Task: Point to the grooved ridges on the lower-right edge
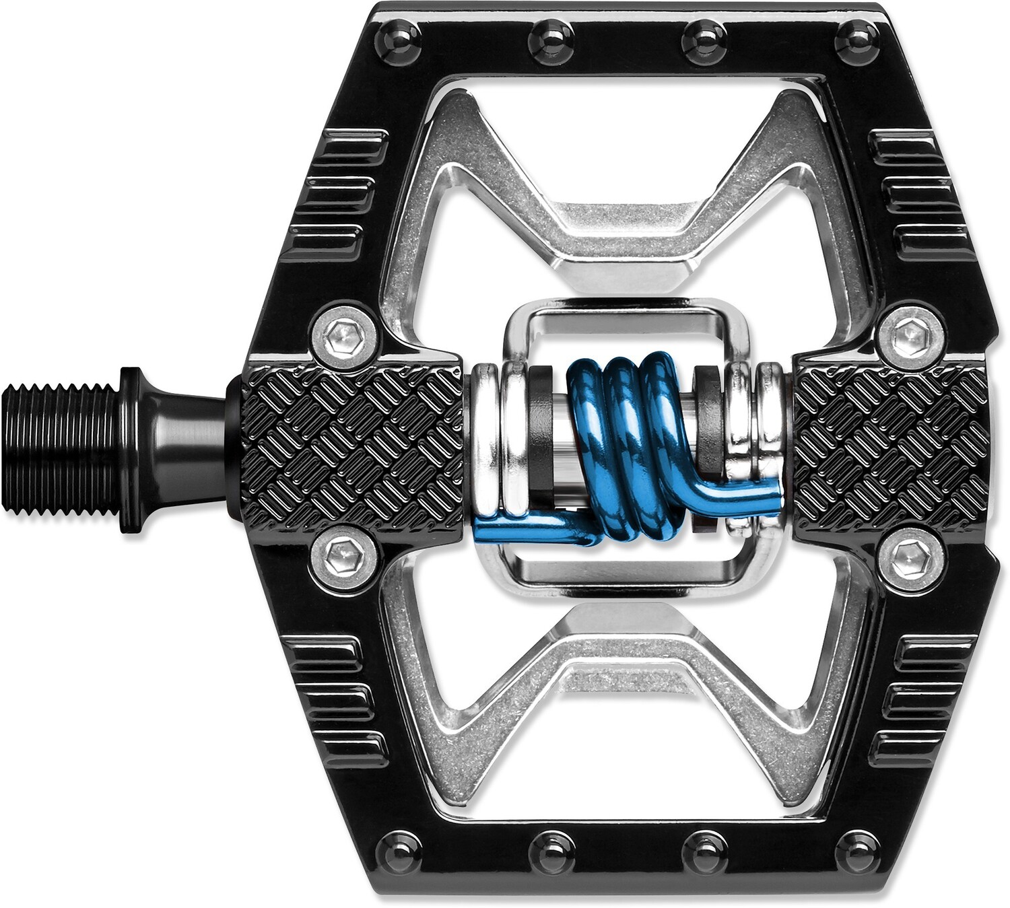click(922, 700)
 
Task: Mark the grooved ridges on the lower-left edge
click(337, 700)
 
